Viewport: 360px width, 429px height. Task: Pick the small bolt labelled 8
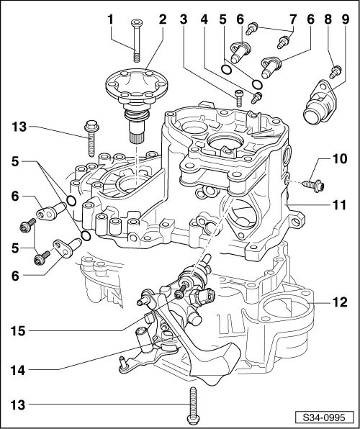(334, 71)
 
